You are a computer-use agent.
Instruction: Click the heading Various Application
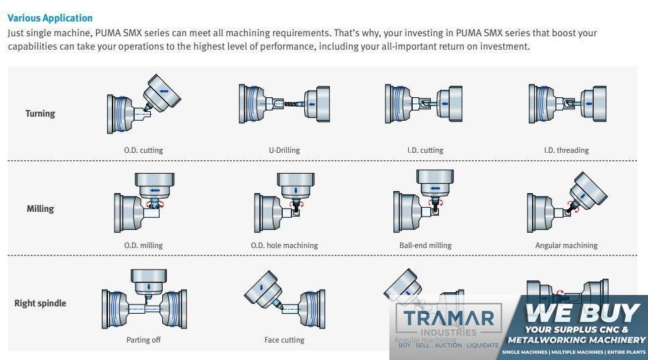50,18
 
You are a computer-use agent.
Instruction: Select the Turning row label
40,113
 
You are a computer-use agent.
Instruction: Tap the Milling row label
40,208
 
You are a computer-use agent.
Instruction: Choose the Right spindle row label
40,303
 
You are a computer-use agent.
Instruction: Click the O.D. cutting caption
143,150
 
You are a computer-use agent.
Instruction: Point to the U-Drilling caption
284,150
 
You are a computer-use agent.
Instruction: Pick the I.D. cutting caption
425,150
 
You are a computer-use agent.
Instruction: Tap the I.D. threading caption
566,150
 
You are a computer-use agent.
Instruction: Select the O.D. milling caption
143,245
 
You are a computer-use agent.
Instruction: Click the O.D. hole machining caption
284,245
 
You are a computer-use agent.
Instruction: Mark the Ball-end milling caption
426,245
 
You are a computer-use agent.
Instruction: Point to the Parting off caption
143,340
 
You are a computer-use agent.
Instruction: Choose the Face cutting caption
284,340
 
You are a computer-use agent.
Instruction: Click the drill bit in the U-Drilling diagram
290,104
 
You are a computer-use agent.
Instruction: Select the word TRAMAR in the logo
448,318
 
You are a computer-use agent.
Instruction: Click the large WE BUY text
582,313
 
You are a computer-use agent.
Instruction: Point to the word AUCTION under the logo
448,345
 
